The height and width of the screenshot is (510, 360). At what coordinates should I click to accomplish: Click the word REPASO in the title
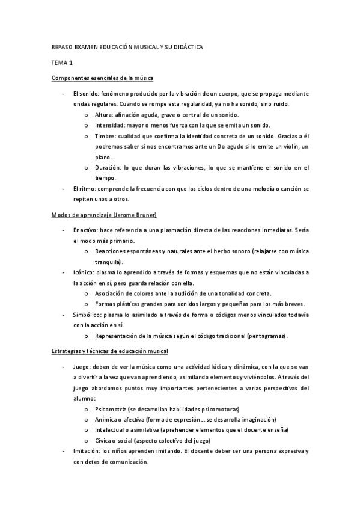pos(63,46)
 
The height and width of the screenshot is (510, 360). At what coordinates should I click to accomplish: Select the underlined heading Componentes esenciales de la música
pos(103,78)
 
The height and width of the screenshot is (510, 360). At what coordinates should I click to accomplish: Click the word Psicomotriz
pos(112,409)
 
